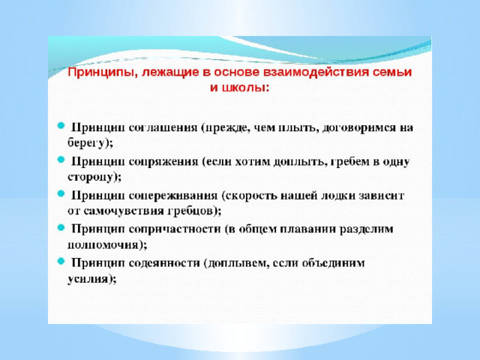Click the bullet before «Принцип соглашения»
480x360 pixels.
coord(61,125)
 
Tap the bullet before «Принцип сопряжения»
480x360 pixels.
coord(61,159)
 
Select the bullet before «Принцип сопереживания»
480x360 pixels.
coord(61,193)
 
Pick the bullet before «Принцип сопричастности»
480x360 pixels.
coord(61,227)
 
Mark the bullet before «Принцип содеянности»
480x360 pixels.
coord(61,261)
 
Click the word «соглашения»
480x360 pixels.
coord(163,127)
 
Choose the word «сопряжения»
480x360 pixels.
coord(163,162)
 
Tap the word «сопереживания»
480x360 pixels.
coord(173,196)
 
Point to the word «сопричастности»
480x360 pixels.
coord(175,229)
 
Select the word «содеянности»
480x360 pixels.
coord(164,263)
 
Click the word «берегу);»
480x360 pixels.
coord(90,143)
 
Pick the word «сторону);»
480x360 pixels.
coord(94,177)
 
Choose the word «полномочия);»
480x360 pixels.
coord(107,245)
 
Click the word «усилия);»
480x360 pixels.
coord(91,279)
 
